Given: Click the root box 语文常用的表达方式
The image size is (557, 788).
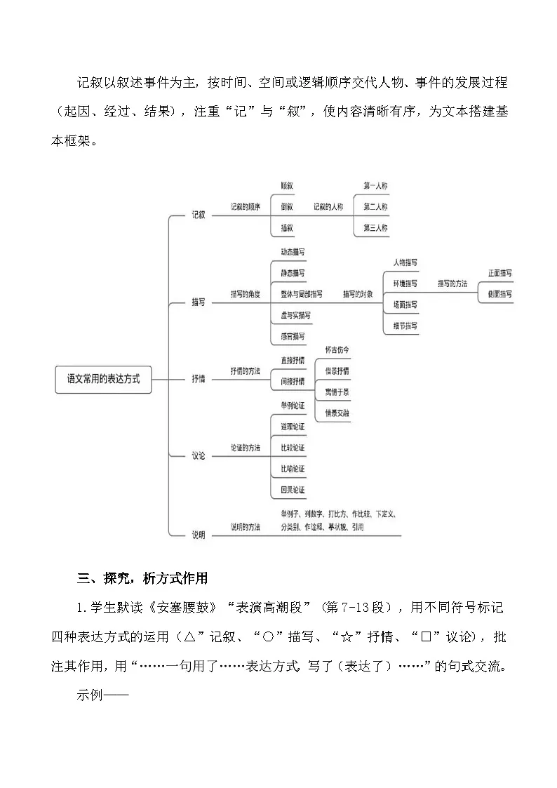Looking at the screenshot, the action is [103, 379].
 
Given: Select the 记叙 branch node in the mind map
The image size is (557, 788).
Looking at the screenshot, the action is [199, 215].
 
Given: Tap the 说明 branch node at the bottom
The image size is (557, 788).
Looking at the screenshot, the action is [199, 535].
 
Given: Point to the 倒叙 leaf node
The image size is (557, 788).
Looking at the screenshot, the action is [286, 207].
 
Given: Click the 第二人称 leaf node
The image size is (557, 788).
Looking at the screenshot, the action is [375, 207].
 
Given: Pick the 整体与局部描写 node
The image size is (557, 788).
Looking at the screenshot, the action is [302, 294].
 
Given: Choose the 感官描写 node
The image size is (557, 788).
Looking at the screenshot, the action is [292, 336].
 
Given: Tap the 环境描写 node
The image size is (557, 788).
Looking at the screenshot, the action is [405, 283].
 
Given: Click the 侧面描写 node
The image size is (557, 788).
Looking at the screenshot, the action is [499, 294].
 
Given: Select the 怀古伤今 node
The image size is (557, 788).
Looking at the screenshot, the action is [337, 349].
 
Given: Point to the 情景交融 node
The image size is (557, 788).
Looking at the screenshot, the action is [337, 413].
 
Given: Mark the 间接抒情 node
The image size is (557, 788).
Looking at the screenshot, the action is [292, 381].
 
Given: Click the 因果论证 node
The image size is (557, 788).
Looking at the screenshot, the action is [292, 490].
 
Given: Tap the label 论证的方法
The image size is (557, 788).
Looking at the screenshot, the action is [246, 447].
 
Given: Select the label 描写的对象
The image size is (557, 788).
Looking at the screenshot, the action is [358, 294].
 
